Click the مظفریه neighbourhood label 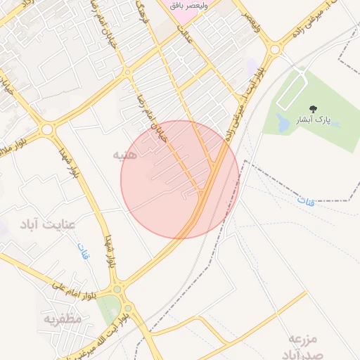pyautogui.click(x=63, y=319)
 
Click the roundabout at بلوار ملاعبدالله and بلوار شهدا pyautogui.click(x=47, y=129)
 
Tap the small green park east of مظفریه pyautogui.click(x=108, y=308)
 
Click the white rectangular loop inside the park pyautogui.click(x=294, y=91)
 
